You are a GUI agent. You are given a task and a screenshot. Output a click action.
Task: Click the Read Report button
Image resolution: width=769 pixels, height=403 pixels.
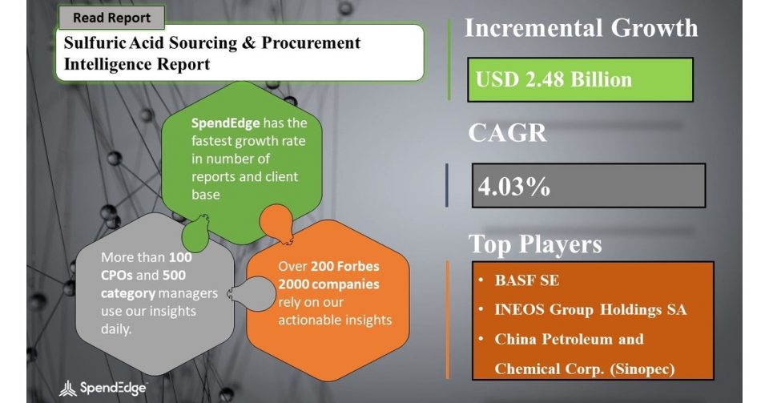tap(112, 18)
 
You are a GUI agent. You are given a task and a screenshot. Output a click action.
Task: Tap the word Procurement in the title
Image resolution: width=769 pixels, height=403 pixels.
tap(311, 43)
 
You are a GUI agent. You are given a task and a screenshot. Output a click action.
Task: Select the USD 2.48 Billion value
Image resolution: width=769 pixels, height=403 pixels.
tap(554, 79)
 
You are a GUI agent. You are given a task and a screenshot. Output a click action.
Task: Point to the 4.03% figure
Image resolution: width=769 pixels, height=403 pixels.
tap(514, 187)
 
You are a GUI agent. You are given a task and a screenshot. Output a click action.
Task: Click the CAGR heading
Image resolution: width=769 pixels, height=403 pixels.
tap(507, 132)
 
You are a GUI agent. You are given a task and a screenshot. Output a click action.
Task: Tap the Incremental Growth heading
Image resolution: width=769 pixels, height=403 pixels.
tap(582, 28)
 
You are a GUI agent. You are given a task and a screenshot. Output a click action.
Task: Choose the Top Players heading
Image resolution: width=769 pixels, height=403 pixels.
tap(535, 244)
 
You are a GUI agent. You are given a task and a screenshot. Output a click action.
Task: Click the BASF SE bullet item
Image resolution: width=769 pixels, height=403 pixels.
tap(527, 280)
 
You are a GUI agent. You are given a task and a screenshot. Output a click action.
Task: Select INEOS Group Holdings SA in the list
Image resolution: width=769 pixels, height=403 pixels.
tap(590, 309)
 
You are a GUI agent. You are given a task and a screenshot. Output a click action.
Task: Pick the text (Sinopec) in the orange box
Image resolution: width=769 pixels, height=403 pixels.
tap(642, 369)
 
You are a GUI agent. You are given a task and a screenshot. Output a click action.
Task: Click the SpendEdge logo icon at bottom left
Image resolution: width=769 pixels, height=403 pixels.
tap(67, 389)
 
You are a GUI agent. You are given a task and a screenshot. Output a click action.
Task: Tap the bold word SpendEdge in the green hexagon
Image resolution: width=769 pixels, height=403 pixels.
tap(225, 123)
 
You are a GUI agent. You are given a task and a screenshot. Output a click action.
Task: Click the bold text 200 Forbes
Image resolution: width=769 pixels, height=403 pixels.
tap(345, 266)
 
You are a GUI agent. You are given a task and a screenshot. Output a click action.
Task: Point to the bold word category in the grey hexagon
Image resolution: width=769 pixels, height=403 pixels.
tap(128, 293)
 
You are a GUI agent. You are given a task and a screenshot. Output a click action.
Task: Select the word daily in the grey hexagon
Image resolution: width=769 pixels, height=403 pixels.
tap(115, 329)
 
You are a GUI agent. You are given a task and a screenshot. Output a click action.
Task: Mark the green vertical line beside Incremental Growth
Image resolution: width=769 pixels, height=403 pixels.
tap(449, 60)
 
